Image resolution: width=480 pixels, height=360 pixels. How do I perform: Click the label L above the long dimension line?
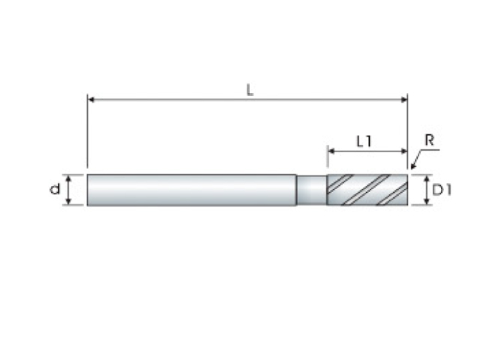click(250, 90)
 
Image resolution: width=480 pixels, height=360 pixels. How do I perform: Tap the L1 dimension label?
click(364, 142)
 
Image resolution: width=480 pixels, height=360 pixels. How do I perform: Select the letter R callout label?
click(430, 140)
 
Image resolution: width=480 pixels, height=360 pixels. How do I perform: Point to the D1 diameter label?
click(442, 190)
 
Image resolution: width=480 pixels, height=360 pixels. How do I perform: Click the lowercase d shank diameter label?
click(55, 189)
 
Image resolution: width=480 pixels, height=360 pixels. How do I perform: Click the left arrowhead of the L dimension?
click(91, 100)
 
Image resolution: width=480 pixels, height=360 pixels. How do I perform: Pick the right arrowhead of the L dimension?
click(404, 100)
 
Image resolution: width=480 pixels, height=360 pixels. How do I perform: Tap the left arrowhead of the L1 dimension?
click(331, 151)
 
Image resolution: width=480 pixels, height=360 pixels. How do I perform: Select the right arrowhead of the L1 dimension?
click(404, 151)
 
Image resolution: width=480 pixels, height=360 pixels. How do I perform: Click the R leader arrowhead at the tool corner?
click(413, 166)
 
